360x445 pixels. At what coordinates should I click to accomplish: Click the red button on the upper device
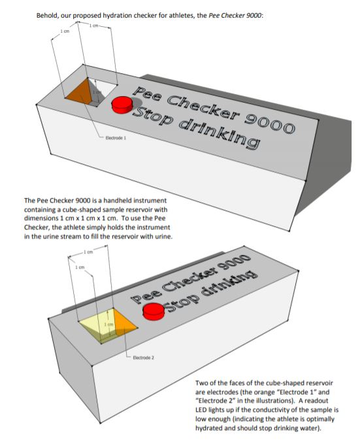122,105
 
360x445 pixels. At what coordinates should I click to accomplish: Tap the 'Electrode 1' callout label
116,139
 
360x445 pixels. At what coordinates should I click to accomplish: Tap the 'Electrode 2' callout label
142,358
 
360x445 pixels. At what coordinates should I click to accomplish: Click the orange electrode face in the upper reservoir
80,92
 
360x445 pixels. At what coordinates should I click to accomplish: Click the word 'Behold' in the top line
51,14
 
